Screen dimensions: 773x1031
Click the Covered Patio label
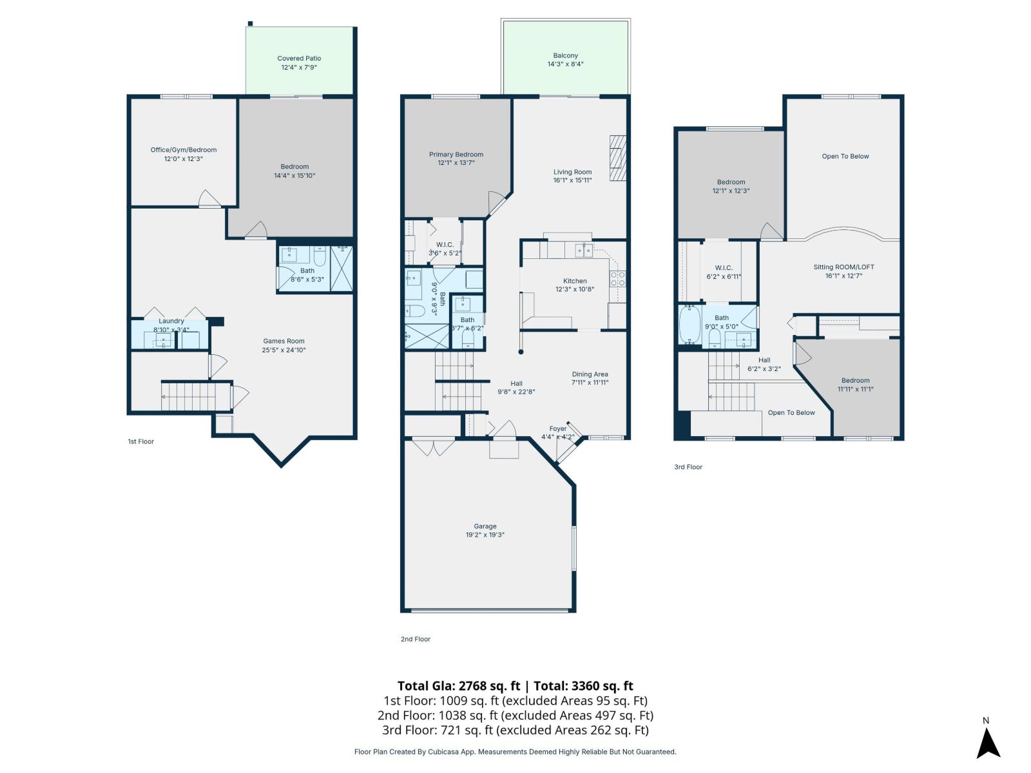pyautogui.click(x=299, y=59)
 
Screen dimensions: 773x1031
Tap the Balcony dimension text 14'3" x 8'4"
pyautogui.click(x=565, y=64)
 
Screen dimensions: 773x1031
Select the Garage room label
pyautogui.click(x=485, y=526)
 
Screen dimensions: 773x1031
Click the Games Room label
pyautogui.click(x=284, y=341)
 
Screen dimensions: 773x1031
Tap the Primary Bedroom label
pyautogui.click(x=456, y=155)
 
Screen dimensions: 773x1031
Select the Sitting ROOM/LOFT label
pyautogui.click(x=843, y=267)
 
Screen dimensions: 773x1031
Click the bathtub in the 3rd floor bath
pyautogui.click(x=689, y=326)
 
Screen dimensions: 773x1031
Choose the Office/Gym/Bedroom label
pyautogui.click(x=184, y=150)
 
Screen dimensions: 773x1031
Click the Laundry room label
pyautogui.click(x=171, y=321)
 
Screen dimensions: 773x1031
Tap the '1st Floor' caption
pyautogui.click(x=141, y=442)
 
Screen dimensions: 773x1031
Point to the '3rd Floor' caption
pyautogui.click(x=688, y=467)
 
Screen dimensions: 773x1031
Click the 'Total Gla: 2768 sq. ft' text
pyautogui.click(x=458, y=686)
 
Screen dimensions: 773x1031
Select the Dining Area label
pyautogui.click(x=590, y=374)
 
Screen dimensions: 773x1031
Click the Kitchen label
pyautogui.click(x=575, y=281)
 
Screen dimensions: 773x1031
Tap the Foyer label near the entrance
pyautogui.click(x=558, y=429)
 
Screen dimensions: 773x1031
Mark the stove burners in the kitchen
pyautogui.click(x=618, y=278)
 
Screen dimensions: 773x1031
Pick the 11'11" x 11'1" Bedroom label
pyautogui.click(x=855, y=381)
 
